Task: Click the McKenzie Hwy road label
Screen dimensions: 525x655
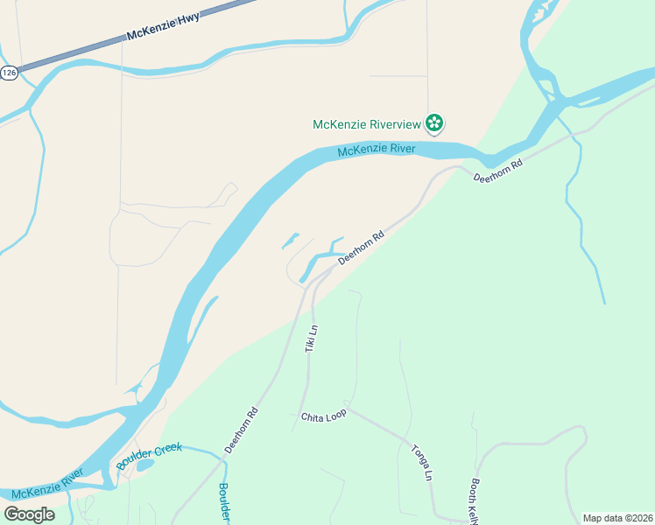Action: (164, 28)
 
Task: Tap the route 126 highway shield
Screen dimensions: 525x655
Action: (10, 73)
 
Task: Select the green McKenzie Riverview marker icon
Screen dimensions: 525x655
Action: (433, 123)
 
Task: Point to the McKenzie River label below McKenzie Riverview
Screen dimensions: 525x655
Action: (377, 150)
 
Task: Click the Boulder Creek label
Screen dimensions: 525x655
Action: (149, 456)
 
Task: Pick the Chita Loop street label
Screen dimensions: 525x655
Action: (324, 414)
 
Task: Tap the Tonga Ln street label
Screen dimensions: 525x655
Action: (421, 463)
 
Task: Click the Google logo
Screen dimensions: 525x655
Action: (29, 514)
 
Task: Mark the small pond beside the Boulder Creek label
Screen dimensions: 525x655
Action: (145, 465)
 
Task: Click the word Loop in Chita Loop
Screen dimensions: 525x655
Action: (336, 413)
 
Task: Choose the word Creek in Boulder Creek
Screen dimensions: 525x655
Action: (168, 451)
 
